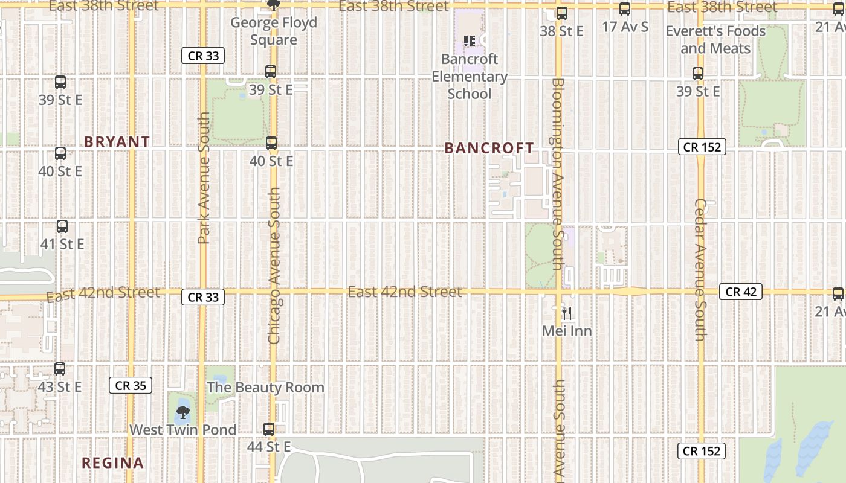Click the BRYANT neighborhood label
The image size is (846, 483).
point(117,142)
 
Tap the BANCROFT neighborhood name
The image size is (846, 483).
point(489,148)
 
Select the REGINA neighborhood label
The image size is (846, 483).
point(113,463)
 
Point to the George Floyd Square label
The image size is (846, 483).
point(274,31)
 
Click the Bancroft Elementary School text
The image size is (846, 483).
point(470,76)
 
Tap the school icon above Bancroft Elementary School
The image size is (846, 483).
point(469,41)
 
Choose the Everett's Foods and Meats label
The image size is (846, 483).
point(715,40)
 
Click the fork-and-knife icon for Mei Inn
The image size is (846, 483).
point(567,313)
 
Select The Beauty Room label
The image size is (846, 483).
point(266,387)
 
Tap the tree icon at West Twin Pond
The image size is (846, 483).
point(182,413)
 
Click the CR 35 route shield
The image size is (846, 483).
point(131,385)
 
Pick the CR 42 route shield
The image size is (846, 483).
point(741,292)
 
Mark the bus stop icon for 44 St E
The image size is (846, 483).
point(269,429)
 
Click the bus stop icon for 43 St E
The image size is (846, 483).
point(60,369)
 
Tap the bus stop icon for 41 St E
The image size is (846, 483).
point(62,226)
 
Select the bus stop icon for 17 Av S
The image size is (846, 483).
point(625,9)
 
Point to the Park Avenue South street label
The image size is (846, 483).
point(204,178)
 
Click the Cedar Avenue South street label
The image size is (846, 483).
point(700,269)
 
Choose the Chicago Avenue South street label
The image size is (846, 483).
point(274,266)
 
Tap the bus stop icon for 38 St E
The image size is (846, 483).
point(562,13)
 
